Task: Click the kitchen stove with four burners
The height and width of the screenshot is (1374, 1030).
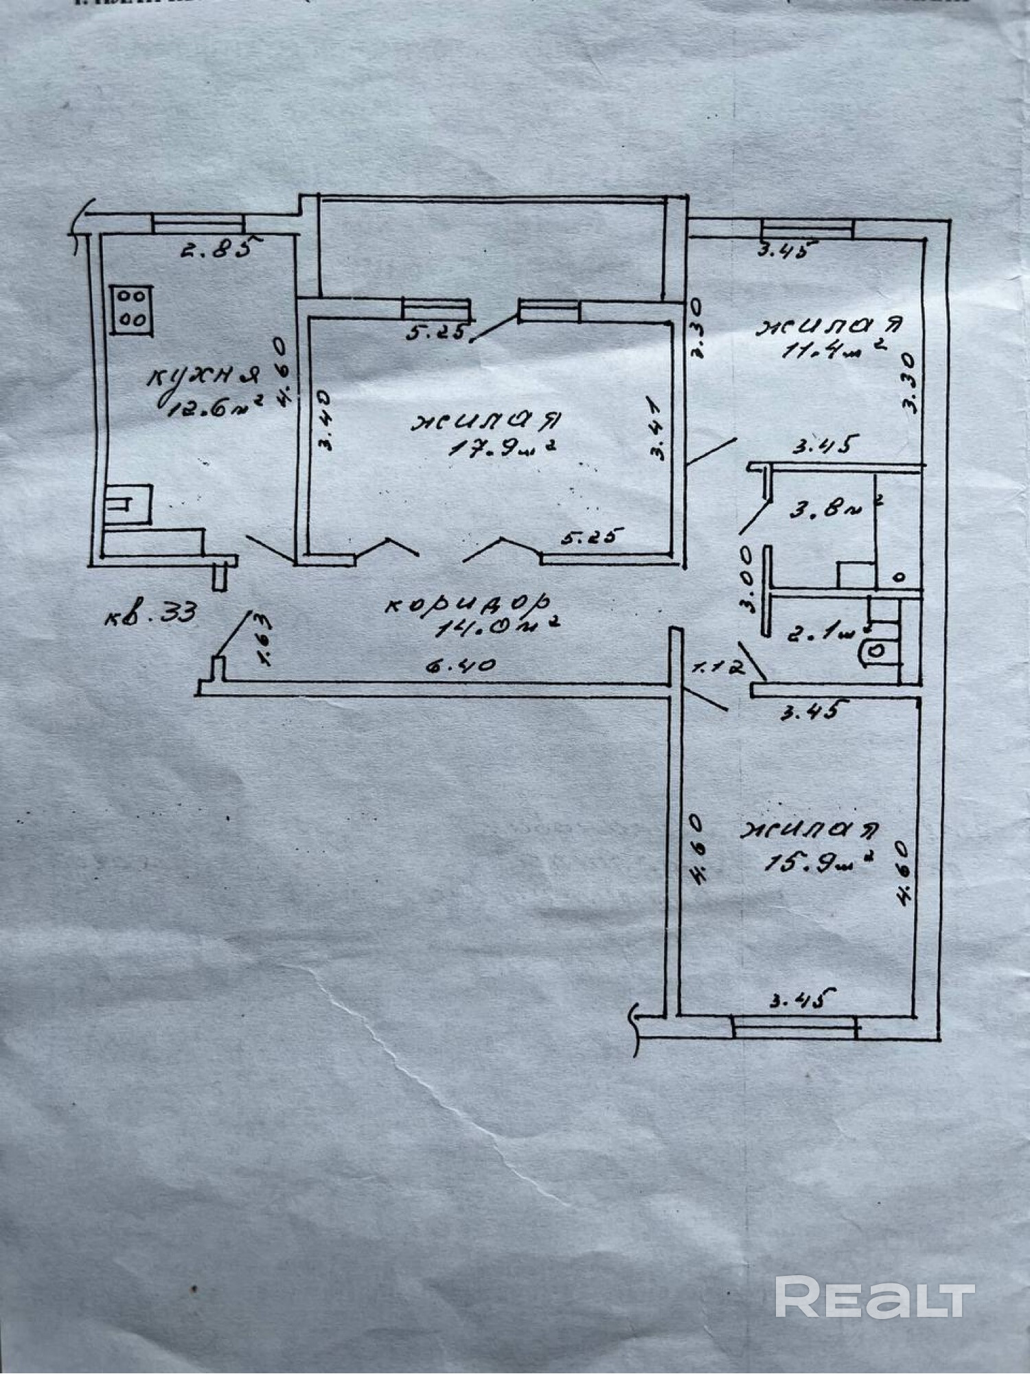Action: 131,310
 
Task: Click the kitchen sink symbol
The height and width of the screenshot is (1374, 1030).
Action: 129,505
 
